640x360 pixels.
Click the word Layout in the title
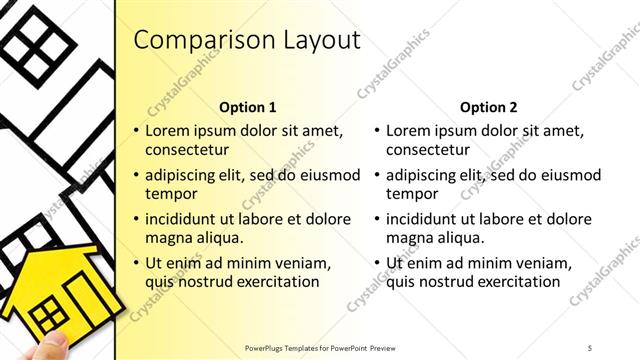[318, 40]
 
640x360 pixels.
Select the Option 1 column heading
[247, 107]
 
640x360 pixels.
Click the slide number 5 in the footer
[590, 347]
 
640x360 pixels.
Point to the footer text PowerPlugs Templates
[289, 347]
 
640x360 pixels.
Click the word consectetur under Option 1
[187, 150]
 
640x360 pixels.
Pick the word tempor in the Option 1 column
[171, 194]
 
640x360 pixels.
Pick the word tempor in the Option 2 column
[411, 194]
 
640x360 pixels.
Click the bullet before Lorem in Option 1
[137, 131]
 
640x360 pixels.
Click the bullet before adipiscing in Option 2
[377, 175]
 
